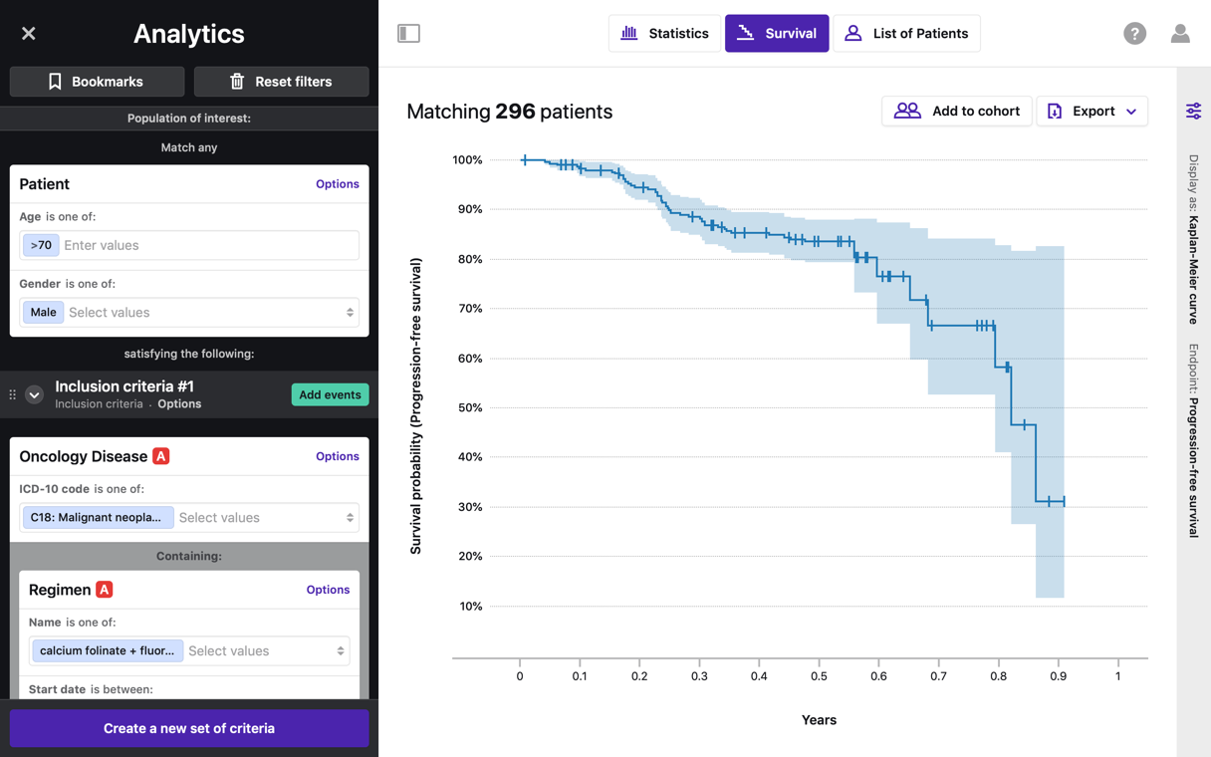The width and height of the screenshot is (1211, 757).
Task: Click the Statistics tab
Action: click(x=664, y=33)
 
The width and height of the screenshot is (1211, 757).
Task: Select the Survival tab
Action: click(x=777, y=33)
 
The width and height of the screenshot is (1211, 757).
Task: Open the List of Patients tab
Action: click(x=906, y=33)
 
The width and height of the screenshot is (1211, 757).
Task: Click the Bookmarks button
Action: click(x=97, y=82)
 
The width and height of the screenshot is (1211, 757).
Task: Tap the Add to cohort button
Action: click(x=956, y=111)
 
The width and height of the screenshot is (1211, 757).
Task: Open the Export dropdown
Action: click(x=1091, y=111)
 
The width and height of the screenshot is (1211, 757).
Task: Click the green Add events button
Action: click(x=330, y=394)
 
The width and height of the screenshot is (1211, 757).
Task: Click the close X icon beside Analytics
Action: click(x=29, y=34)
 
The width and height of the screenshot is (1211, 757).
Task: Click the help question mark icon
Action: click(x=1134, y=34)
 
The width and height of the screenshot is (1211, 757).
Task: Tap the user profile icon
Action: click(x=1180, y=34)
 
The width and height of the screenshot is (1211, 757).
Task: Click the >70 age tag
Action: click(x=41, y=245)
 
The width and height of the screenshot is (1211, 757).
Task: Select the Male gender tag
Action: click(x=43, y=313)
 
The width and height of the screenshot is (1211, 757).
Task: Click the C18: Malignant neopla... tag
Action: click(x=97, y=518)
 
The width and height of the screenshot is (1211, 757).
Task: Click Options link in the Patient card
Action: click(x=337, y=184)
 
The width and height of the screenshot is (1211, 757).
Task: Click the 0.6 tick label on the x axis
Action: click(x=878, y=676)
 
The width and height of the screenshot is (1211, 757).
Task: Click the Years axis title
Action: click(x=819, y=720)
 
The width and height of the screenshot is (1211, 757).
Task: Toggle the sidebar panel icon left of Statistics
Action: click(x=408, y=33)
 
